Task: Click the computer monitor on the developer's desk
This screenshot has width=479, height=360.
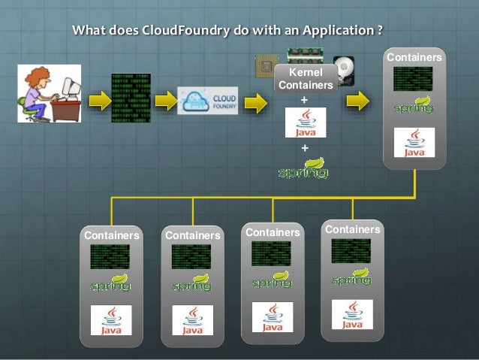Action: [71, 91]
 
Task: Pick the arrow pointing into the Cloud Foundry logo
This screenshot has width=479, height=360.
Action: [165, 101]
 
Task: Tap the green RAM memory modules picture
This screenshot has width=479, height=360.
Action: [309, 57]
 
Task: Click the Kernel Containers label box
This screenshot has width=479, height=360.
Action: [305, 79]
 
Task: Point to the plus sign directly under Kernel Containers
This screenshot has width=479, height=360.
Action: [304, 99]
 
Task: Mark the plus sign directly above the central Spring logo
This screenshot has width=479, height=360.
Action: [304, 148]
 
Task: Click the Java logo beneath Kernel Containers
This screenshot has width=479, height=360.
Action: [305, 123]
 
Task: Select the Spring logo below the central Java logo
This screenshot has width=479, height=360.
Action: [303, 169]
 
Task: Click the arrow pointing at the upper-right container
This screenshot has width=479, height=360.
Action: [357, 101]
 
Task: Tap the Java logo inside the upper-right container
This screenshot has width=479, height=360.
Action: [414, 142]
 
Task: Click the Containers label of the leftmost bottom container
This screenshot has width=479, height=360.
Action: [112, 235]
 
